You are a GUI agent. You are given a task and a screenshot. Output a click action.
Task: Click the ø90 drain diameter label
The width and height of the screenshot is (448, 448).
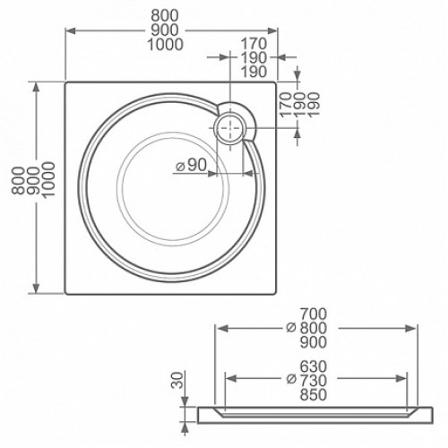point(191,165)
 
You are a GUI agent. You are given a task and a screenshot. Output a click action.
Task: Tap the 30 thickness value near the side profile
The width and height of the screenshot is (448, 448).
point(177,380)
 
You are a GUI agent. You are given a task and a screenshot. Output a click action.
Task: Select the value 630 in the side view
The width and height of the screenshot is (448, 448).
point(314,366)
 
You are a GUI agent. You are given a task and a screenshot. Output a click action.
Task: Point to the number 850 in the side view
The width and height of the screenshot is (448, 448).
point(314,394)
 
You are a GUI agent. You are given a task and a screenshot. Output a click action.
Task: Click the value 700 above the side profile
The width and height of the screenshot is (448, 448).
point(314,314)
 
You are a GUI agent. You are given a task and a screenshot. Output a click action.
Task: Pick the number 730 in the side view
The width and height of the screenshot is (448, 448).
point(314,380)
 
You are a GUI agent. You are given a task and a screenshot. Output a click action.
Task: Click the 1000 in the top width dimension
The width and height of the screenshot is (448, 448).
point(165,45)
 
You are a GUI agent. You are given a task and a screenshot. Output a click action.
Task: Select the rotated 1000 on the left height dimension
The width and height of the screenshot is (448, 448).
point(48,180)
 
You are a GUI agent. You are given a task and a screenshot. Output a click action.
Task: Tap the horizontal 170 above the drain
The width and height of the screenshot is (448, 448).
point(254,44)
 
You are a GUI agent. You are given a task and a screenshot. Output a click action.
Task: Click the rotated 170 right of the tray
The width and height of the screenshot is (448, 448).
point(285,105)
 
